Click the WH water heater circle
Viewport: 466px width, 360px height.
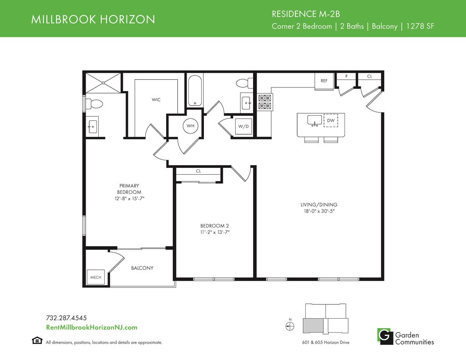tap(191, 126)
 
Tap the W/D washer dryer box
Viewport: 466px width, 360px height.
tap(243, 127)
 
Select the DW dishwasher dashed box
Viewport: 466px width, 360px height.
tap(331, 121)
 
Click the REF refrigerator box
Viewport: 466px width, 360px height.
tap(324, 81)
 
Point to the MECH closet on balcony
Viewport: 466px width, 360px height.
tap(96, 277)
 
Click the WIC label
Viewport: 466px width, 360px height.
tap(156, 100)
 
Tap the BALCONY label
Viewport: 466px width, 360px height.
tap(142, 268)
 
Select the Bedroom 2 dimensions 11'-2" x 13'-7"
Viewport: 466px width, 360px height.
tap(215, 233)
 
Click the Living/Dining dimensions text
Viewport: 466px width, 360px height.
tap(319, 211)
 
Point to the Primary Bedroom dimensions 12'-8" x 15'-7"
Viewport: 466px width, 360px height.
tap(129, 198)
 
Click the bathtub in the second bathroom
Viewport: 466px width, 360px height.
tap(195, 91)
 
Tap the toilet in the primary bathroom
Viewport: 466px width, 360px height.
tap(94, 104)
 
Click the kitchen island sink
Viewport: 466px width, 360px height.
tap(314, 121)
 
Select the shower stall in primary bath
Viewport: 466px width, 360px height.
tap(103, 82)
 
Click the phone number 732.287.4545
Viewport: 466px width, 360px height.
tap(66, 318)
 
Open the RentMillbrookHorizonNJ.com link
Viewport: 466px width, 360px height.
tap(92, 327)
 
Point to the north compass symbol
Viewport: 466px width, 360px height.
tap(290, 326)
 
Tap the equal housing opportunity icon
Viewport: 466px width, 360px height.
tap(37, 340)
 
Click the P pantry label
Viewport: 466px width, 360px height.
tap(346, 76)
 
